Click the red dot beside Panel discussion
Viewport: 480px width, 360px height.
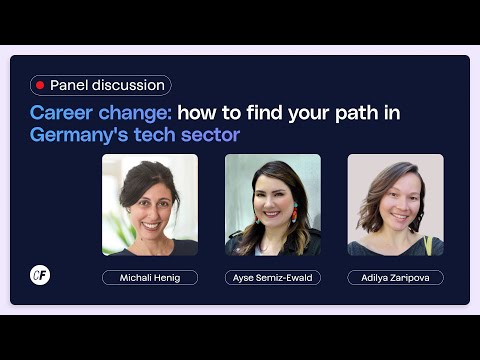[x=40, y=86]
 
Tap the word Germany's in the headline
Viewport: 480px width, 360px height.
[x=80, y=134]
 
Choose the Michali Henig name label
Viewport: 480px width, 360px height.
[x=150, y=277]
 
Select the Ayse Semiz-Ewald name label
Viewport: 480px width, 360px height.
[x=273, y=277]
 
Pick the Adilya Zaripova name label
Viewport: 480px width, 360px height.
[x=395, y=277]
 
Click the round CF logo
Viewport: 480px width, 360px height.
[x=40, y=275]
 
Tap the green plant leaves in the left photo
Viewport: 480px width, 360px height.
[x=112, y=230]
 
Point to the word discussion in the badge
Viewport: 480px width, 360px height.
[x=126, y=86]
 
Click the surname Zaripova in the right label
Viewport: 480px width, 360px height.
[x=411, y=277]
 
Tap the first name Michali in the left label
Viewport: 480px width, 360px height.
[x=134, y=277]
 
